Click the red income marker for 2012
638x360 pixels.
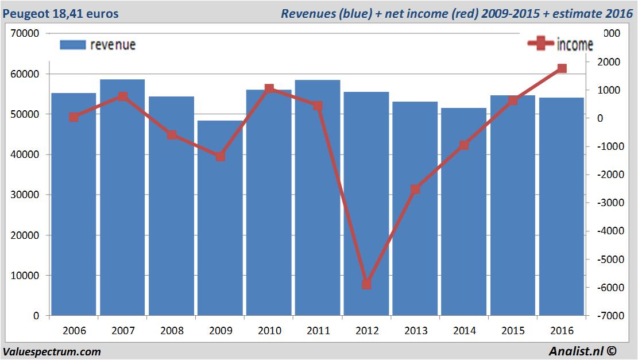click(x=367, y=284)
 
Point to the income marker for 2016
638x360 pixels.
click(x=562, y=68)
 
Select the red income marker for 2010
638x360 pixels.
click(x=269, y=89)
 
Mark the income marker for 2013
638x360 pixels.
click(x=416, y=189)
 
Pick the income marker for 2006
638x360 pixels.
click(x=74, y=117)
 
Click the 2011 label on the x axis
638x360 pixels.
click(x=318, y=331)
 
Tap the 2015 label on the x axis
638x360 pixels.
click(x=513, y=331)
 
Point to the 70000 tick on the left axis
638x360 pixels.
click(x=25, y=33)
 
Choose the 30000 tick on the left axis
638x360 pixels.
click(x=25, y=195)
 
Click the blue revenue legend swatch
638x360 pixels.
click(x=72, y=45)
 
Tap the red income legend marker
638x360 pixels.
click(x=540, y=44)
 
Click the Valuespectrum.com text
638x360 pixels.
click(x=52, y=351)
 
